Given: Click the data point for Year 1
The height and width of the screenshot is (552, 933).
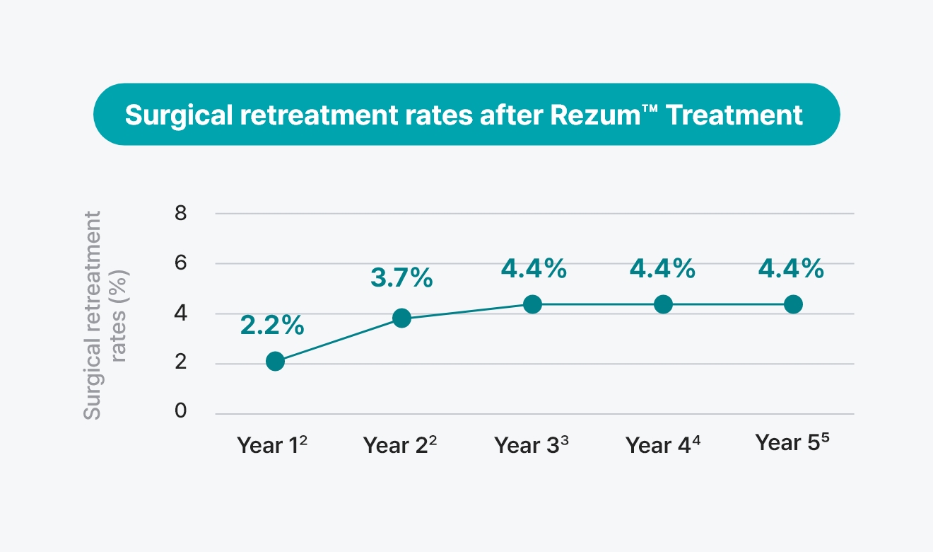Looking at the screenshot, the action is click(276, 361).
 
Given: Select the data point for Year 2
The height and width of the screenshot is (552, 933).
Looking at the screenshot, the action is click(401, 318).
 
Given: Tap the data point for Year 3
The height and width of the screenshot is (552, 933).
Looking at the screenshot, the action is click(532, 304).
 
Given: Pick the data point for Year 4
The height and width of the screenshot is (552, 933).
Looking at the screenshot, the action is click(663, 304).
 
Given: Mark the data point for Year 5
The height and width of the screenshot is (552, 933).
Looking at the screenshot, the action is click(793, 304).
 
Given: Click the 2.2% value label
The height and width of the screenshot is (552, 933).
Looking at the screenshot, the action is click(272, 326).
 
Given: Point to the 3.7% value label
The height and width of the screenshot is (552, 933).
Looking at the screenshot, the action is click(401, 277).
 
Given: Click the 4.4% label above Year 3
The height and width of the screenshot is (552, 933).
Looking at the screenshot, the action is click(534, 268).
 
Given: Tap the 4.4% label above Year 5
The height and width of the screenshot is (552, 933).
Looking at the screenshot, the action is click(791, 268).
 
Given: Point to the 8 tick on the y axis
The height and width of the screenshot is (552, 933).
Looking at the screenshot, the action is click(181, 213).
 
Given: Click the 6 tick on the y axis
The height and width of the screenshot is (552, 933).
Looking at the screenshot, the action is click(181, 263).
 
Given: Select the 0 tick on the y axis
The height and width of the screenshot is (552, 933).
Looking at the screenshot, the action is click(181, 410).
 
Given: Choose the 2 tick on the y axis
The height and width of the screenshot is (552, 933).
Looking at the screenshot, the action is click(181, 362).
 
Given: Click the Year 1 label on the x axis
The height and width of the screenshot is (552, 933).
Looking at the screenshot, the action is click(272, 445).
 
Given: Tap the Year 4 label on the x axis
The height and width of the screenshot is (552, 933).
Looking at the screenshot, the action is click(663, 445).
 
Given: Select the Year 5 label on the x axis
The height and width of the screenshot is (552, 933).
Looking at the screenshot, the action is click(792, 442).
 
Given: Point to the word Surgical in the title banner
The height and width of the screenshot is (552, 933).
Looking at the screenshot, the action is click(179, 115).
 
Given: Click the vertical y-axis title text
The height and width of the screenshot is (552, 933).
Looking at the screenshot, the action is click(105, 315).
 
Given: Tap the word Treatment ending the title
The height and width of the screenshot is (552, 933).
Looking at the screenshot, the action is click(734, 115).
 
